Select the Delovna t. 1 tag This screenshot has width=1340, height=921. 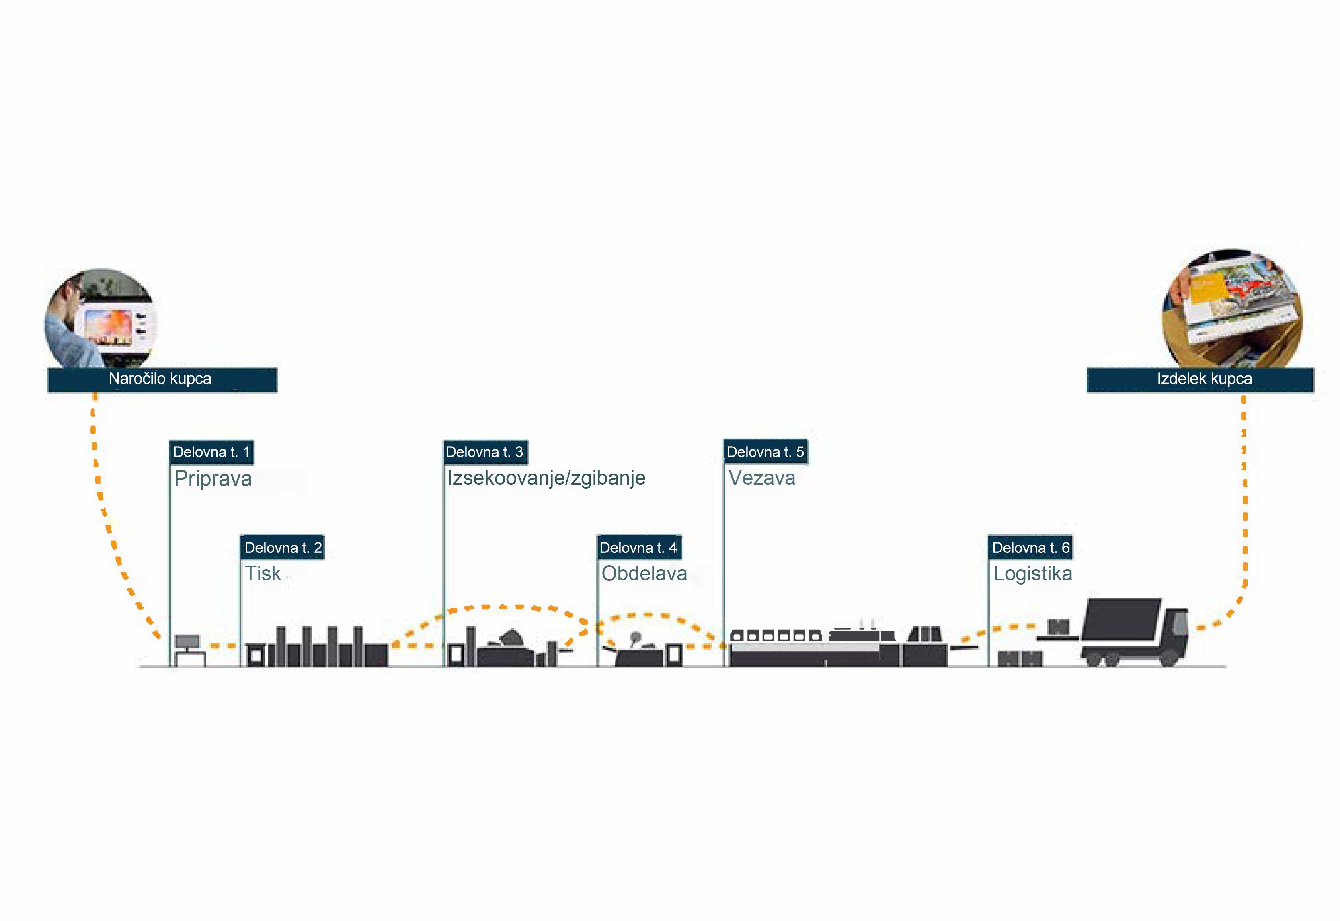pos(211,452)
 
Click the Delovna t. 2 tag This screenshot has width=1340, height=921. pos(282,547)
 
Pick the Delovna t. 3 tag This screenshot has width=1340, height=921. pos(485,452)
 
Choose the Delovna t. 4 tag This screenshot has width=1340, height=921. pos(639,547)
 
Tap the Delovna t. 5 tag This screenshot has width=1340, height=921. pos(765,452)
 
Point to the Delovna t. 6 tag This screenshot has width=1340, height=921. pos(1030,547)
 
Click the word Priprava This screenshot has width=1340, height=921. pos(213,479)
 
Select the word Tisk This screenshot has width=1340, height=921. pos(263,574)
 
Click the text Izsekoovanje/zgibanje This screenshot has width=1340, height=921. pos(546,478)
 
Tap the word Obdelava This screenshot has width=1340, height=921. pos(644,574)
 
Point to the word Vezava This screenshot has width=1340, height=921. pos(762,478)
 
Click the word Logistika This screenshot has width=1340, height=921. pos(1032,574)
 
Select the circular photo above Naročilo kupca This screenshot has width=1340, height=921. pos(101,318)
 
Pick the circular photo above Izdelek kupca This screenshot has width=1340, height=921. pos(1232,309)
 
